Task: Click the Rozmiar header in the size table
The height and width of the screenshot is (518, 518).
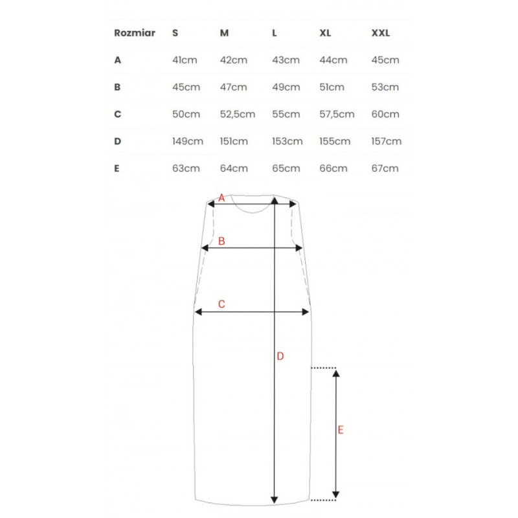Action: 135,33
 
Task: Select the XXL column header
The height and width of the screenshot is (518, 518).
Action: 381,33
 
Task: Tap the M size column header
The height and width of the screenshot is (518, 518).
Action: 224,33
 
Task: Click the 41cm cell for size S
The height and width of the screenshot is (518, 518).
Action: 185,60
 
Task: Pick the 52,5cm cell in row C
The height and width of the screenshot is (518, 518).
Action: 238,115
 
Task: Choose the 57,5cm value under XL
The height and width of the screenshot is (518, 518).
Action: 337,115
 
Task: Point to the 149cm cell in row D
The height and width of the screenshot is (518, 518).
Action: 188,141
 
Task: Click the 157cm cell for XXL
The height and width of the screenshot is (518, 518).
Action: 386,141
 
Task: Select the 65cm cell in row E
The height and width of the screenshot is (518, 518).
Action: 286,168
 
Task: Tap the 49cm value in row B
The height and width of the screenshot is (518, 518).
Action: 286,87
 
